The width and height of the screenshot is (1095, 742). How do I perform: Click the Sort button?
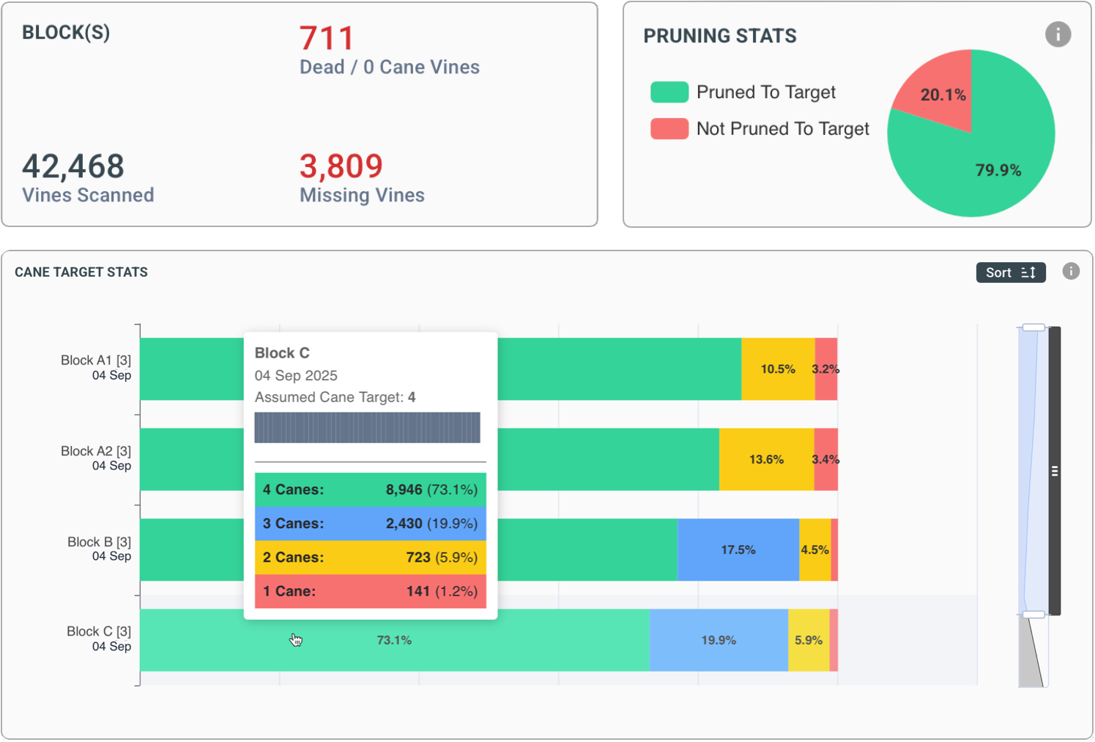click(x=1010, y=272)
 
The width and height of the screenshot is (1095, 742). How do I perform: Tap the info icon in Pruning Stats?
click(x=1057, y=34)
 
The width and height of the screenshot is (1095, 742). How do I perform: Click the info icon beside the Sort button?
click(x=1070, y=272)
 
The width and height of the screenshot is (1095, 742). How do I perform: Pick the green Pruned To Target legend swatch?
click(x=669, y=92)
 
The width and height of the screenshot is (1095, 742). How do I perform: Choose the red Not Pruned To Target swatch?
click(x=669, y=129)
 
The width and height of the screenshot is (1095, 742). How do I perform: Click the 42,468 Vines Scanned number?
click(x=73, y=166)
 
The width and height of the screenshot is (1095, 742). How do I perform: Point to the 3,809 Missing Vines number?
click(x=341, y=166)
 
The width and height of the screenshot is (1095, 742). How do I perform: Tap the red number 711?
click(x=327, y=38)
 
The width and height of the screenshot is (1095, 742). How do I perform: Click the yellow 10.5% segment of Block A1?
click(x=777, y=369)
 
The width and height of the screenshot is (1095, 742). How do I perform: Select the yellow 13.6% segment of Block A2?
click(x=766, y=459)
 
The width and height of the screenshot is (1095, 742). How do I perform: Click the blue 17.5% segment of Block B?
click(x=738, y=549)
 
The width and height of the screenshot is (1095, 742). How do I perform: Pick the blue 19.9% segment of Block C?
click(x=718, y=640)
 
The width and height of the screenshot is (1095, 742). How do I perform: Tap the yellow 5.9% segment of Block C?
click(x=808, y=640)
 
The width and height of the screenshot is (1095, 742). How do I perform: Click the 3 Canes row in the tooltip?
click(x=370, y=524)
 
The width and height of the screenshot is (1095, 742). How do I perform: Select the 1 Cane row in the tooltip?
click(x=370, y=591)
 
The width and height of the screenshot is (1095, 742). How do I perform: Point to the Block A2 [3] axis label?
click(x=96, y=451)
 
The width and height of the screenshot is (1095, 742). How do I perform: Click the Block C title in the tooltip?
click(x=282, y=353)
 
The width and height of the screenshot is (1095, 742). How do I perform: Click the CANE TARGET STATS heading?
click(x=81, y=272)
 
